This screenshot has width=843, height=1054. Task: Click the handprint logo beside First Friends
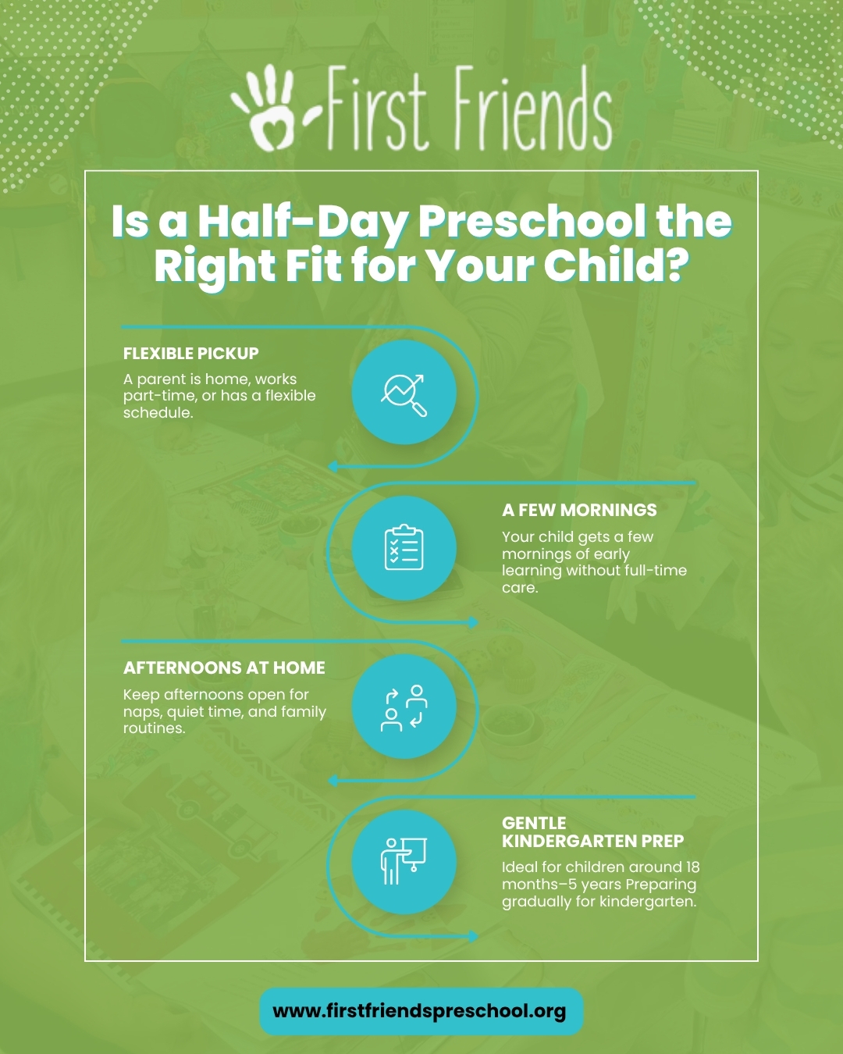point(265,108)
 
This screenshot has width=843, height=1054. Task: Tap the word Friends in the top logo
point(533,109)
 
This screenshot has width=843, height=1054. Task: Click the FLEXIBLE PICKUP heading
point(191,354)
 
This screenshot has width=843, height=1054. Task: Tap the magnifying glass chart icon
point(404,395)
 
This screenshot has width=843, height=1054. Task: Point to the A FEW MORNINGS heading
point(579,511)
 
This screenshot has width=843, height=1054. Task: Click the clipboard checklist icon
point(404,547)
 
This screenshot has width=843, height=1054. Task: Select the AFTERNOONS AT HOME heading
point(224,668)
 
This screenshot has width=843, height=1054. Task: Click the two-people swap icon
point(404,707)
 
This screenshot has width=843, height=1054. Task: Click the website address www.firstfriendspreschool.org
point(419,1011)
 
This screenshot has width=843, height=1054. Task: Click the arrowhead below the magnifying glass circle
point(333,466)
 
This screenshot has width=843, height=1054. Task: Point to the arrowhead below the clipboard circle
point(473,622)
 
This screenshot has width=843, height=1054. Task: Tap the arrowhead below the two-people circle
point(333,781)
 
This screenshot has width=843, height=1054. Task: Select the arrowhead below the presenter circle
point(473,936)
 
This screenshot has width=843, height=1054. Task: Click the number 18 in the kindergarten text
point(693,867)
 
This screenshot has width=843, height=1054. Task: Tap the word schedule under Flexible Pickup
point(158,413)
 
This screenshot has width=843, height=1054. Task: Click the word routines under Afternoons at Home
point(154,728)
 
